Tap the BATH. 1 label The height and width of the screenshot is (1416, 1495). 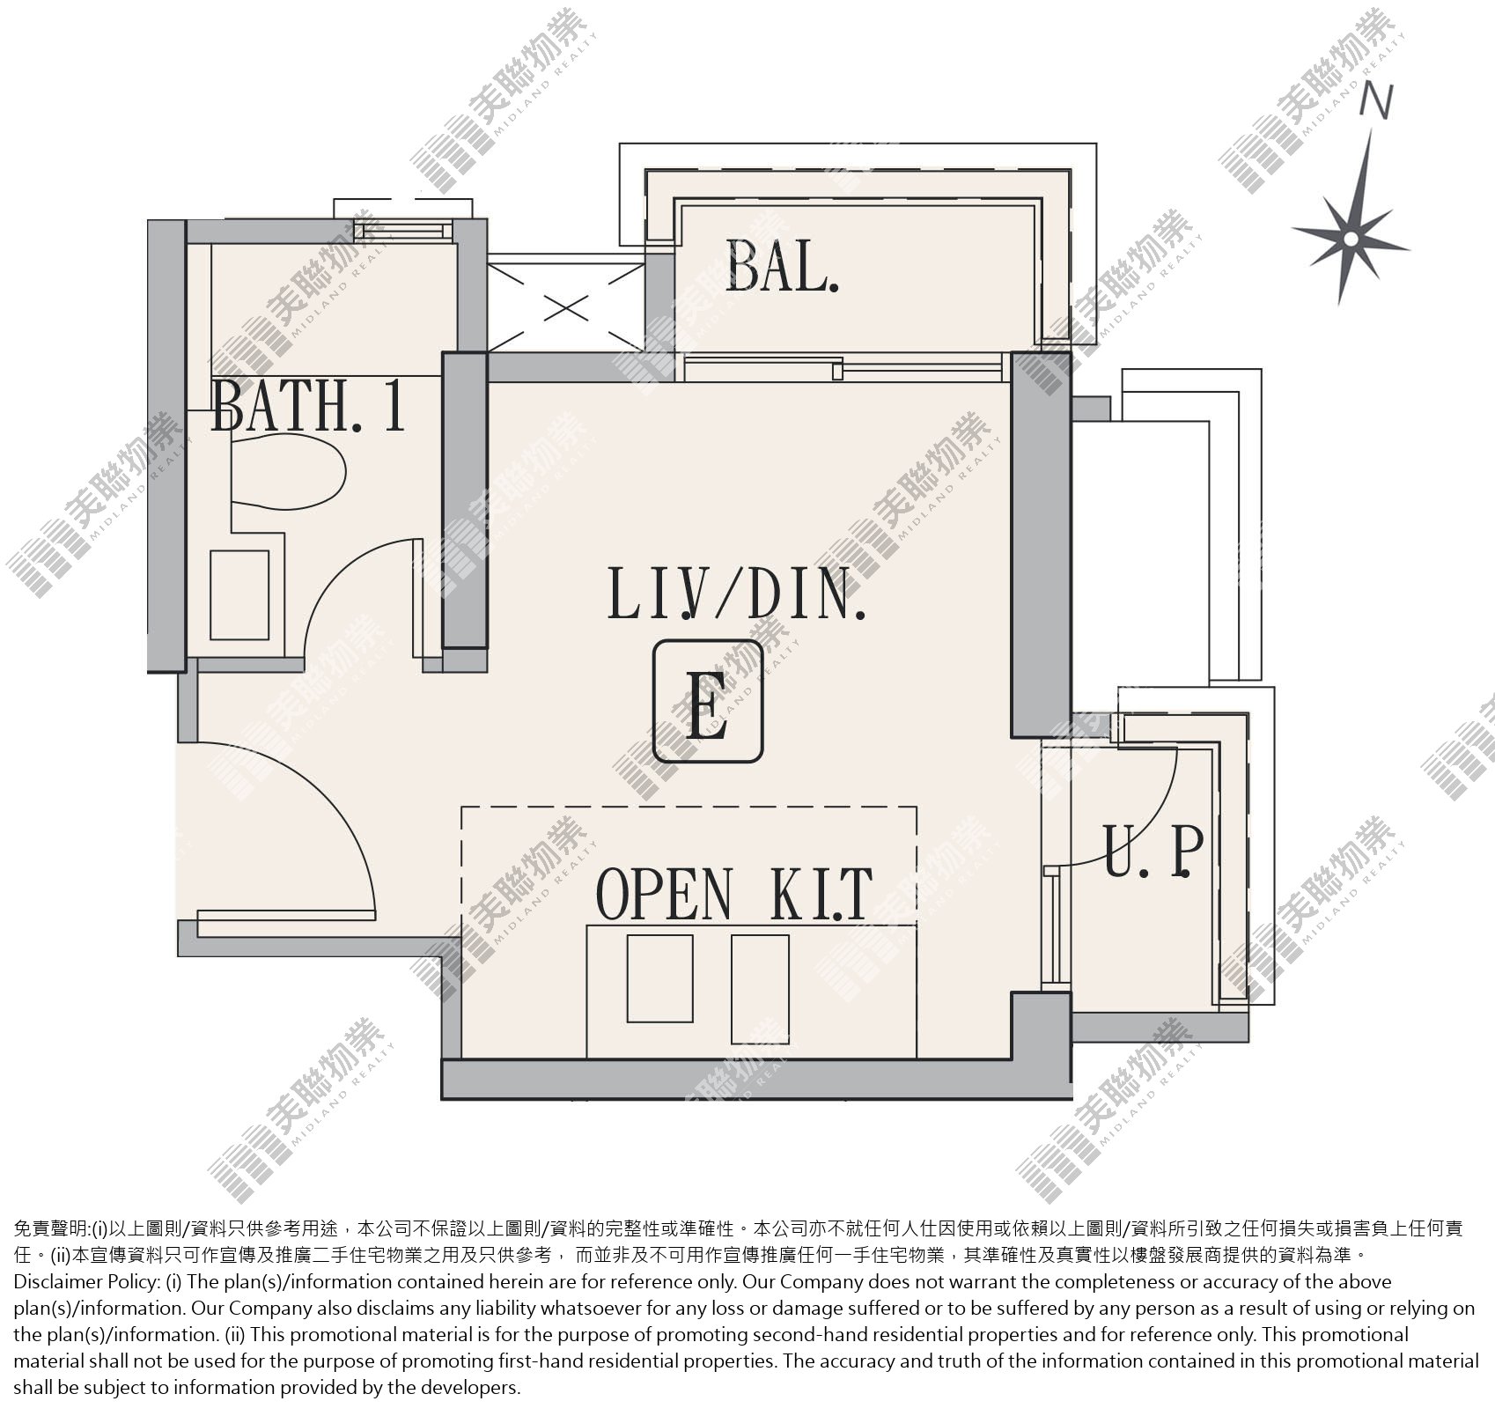(x=308, y=405)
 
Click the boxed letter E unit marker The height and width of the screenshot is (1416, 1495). (x=707, y=701)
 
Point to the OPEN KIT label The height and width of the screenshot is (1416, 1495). (x=734, y=894)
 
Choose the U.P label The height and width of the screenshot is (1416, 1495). (x=1153, y=852)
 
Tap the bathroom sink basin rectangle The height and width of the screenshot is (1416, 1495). (x=239, y=595)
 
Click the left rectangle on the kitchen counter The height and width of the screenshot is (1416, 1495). (x=659, y=979)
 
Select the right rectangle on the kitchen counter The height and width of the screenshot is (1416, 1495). (x=760, y=988)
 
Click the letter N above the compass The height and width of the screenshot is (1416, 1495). (x=1376, y=101)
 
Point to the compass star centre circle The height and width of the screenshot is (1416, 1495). (x=1351, y=238)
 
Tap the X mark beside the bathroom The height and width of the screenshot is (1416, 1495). (x=566, y=308)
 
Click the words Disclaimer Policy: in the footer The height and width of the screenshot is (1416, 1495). (x=87, y=1282)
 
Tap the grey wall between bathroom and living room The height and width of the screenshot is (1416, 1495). (x=465, y=500)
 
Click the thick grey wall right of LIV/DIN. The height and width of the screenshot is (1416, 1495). (x=1042, y=544)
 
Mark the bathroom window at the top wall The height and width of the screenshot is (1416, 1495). (x=403, y=231)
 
